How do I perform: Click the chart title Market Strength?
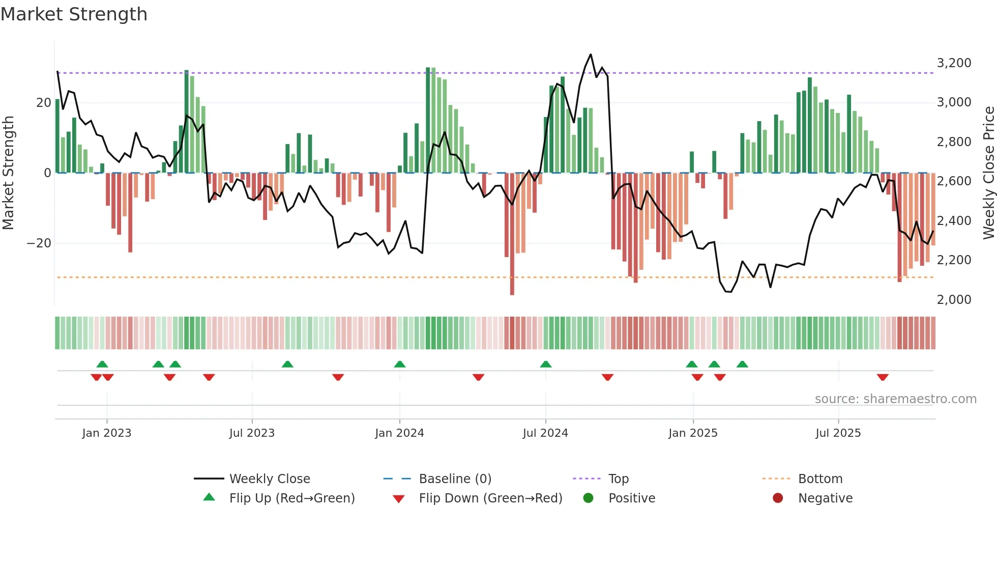pyautogui.click(x=74, y=14)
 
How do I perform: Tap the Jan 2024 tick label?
pyautogui.click(x=399, y=433)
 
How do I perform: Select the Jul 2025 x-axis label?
pyautogui.click(x=838, y=433)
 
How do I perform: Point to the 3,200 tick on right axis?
pyautogui.click(x=954, y=63)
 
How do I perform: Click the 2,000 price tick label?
pyautogui.click(x=954, y=300)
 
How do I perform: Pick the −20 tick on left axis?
pyautogui.click(x=39, y=243)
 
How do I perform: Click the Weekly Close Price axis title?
pyautogui.click(x=988, y=173)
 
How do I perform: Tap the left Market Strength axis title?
pyautogui.click(x=8, y=173)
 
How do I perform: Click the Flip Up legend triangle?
pyautogui.click(x=209, y=497)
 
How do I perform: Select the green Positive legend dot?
pyautogui.click(x=588, y=498)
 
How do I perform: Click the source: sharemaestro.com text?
pyautogui.click(x=895, y=399)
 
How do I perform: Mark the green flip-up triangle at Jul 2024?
pyautogui.click(x=546, y=364)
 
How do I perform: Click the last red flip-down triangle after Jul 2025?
pyautogui.click(x=883, y=377)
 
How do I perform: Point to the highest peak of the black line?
pyautogui.click(x=591, y=54)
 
